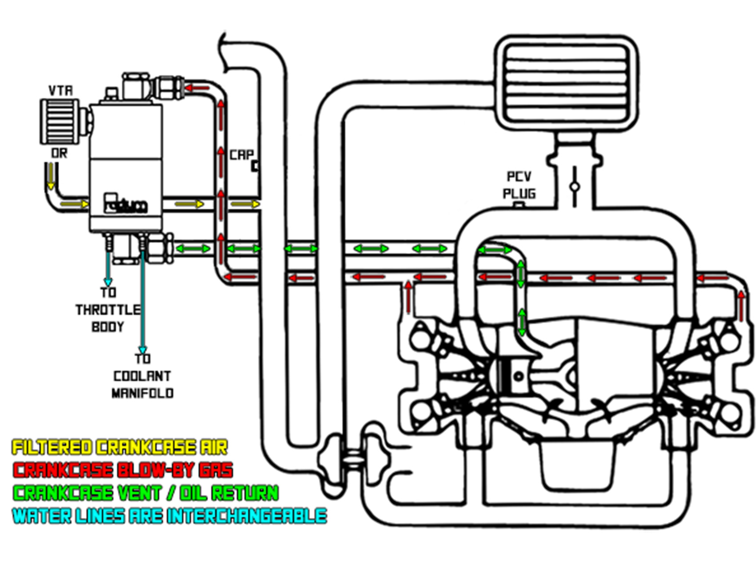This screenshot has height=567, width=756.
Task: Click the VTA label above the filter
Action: (x=60, y=91)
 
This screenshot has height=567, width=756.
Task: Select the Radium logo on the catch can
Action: (x=125, y=204)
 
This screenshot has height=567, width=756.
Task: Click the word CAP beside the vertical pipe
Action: (x=241, y=155)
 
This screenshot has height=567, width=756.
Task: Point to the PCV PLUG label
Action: (x=519, y=185)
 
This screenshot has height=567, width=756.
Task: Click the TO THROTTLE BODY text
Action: (x=108, y=310)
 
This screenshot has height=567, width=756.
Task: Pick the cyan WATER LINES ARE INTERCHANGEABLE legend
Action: (x=169, y=516)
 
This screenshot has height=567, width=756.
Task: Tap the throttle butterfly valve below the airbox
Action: (x=574, y=186)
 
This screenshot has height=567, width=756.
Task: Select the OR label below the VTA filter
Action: (x=59, y=153)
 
